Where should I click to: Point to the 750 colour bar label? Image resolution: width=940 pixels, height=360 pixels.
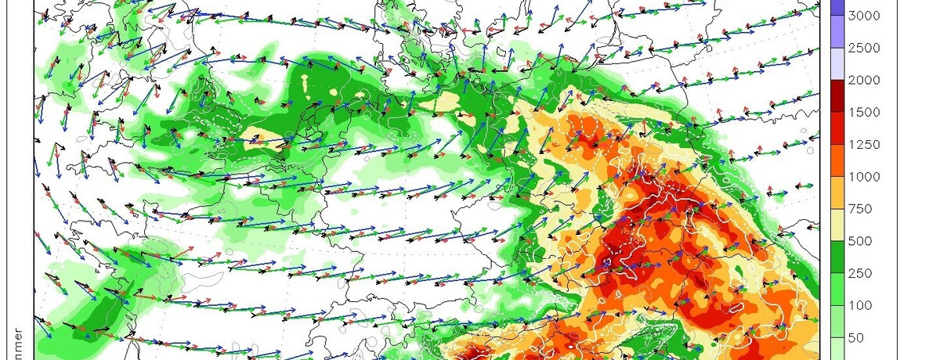click(859, 209)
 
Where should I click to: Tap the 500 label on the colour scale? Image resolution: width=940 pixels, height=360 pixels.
click(859, 241)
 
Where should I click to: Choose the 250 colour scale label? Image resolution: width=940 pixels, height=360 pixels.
click(859, 273)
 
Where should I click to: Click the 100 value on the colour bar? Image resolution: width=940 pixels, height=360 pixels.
click(859, 305)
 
